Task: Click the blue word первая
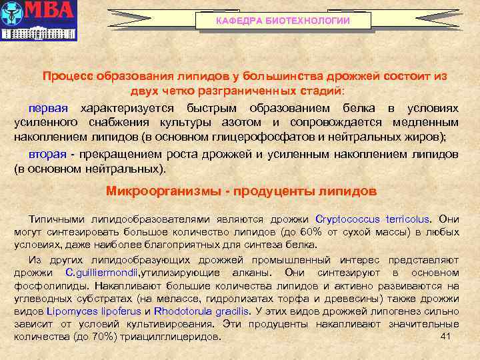click(47, 108)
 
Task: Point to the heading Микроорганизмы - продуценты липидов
click(241, 191)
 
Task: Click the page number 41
click(447, 336)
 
